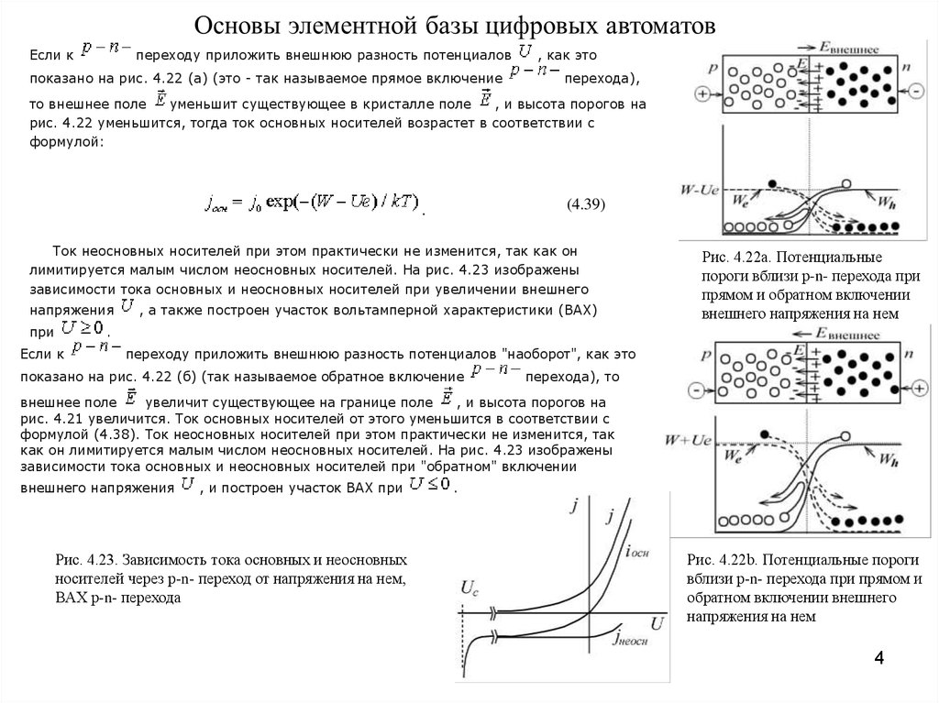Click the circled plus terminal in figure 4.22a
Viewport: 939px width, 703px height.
coord(702,93)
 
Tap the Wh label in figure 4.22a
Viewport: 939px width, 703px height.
coord(889,201)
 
